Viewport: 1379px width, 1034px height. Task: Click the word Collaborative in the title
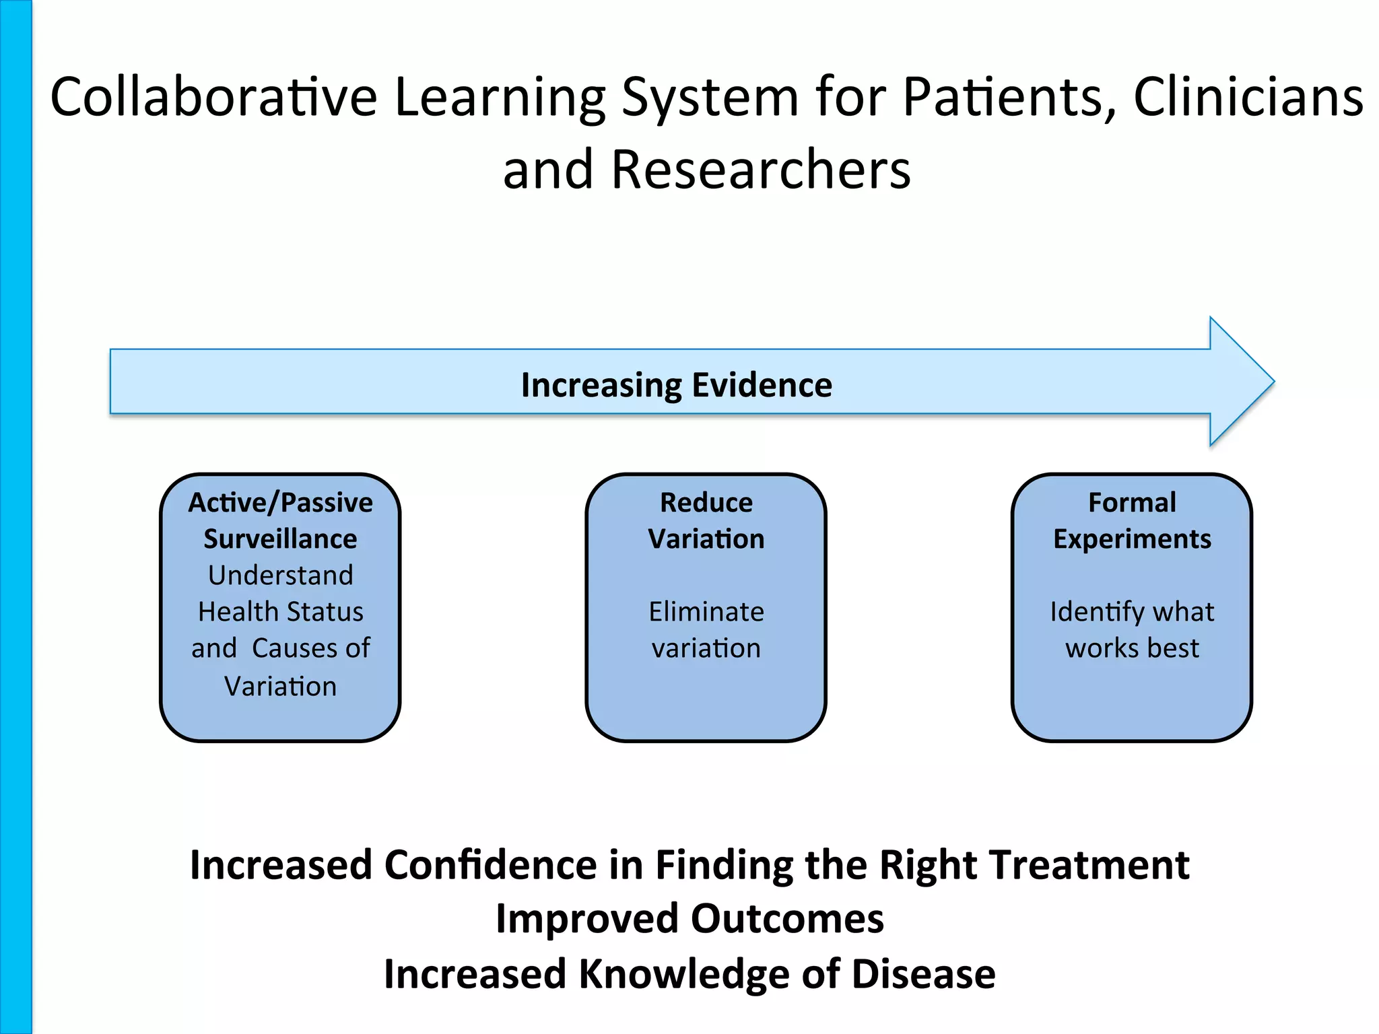pyautogui.click(x=213, y=98)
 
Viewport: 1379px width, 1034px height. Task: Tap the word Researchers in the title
pyautogui.click(x=760, y=170)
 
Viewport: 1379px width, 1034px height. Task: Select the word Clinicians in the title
pyautogui.click(x=1248, y=98)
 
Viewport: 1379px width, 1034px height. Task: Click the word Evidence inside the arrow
pyautogui.click(x=762, y=385)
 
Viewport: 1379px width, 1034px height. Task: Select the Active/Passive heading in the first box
pyautogui.click(x=280, y=503)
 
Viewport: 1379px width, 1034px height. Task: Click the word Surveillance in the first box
pyautogui.click(x=280, y=539)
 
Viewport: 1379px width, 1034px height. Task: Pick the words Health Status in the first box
pyautogui.click(x=280, y=612)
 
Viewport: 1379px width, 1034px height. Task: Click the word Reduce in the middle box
pyautogui.click(x=706, y=503)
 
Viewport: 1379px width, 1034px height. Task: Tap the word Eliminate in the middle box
pyautogui.click(x=706, y=612)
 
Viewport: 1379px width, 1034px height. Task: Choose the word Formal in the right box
pyautogui.click(x=1132, y=503)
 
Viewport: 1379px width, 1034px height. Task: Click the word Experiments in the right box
pyautogui.click(x=1132, y=539)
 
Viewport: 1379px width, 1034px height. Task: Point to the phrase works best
pyautogui.click(x=1132, y=648)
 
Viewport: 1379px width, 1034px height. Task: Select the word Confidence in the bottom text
pyautogui.click(x=490, y=865)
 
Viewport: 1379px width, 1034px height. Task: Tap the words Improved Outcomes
pyautogui.click(x=689, y=920)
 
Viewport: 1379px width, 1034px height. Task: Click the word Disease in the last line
pyautogui.click(x=923, y=974)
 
